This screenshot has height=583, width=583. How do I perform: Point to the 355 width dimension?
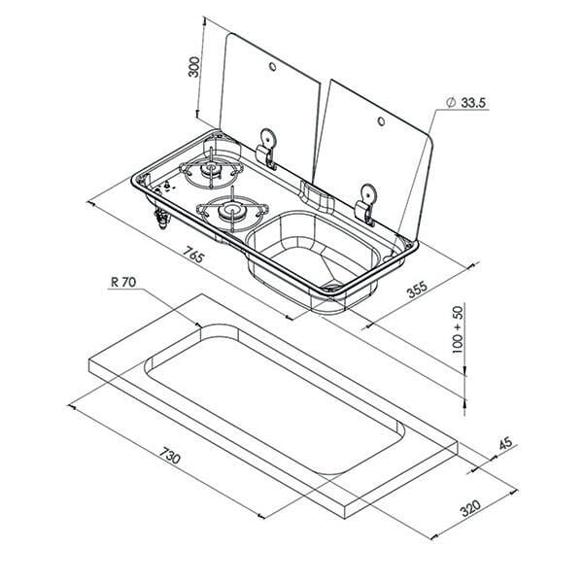coord(418,290)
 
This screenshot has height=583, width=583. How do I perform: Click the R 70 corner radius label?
coord(123,282)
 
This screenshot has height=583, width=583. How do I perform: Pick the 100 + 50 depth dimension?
coord(458,329)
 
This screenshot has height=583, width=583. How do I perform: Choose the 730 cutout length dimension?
coord(170,455)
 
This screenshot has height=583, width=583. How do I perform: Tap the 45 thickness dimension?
coord(505,444)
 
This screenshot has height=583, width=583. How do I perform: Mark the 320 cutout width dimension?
coord(470,508)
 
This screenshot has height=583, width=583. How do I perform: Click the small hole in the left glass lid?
coord(272,67)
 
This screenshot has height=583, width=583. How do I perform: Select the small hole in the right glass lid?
coord(381,121)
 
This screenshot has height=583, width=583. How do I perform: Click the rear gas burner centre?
coord(210,169)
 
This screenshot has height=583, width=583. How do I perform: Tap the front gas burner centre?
coord(231,211)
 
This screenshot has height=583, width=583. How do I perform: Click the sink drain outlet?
coord(332,287)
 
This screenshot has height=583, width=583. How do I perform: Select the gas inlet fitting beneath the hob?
coord(162,218)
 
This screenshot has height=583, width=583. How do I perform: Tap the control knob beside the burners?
coord(167,185)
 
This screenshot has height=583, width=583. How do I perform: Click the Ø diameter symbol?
coord(451,102)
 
